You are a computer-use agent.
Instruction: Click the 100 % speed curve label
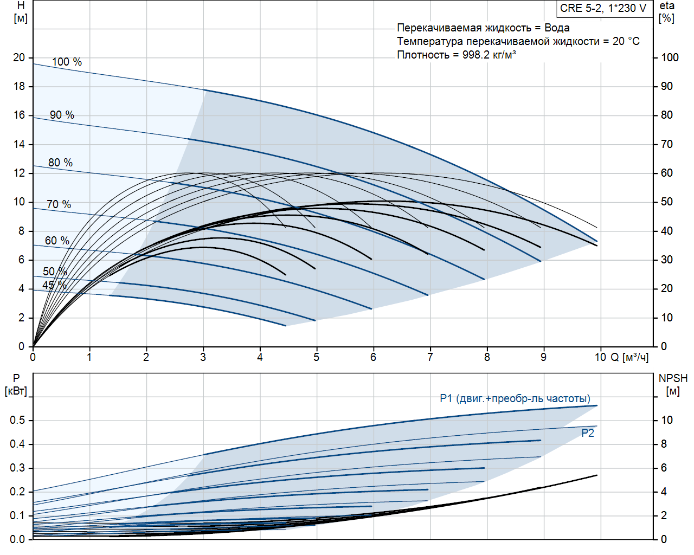pos(67,62)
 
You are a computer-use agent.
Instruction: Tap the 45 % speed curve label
pos(54,285)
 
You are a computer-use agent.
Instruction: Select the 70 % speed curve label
pos(59,204)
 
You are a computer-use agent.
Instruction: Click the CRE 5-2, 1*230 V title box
pos(603,9)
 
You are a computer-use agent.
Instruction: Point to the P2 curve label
pos(588,433)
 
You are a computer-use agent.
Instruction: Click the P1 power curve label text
pos(515,399)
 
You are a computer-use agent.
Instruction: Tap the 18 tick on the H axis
pos(20,86)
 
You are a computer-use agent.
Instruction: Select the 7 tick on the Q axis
pos(430,357)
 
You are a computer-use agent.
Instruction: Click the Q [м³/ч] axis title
pos(629,357)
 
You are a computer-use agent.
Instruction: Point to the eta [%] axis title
pos(666,12)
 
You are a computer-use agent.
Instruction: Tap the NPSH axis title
pos(673,384)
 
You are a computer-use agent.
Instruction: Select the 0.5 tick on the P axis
pos(17,421)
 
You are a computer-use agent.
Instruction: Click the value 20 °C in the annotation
pos(626,41)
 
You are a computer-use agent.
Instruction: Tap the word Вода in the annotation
pos(557,28)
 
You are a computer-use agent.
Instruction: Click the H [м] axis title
pos(21,12)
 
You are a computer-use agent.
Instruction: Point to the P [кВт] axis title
pos(16,385)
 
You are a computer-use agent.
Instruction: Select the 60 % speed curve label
pos(57,241)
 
